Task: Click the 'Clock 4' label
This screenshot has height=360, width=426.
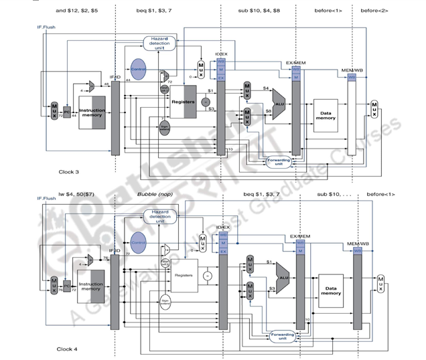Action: (x=68, y=349)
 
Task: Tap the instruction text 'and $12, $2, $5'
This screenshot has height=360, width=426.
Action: (x=76, y=11)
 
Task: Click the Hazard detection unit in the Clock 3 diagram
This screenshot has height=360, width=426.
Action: (x=159, y=44)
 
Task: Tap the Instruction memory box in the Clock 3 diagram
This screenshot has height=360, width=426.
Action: (x=92, y=114)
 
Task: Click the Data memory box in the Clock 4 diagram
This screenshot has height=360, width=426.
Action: (x=330, y=290)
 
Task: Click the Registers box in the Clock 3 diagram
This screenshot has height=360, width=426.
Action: (x=183, y=102)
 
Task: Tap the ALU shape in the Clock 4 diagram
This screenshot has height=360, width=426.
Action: (x=284, y=276)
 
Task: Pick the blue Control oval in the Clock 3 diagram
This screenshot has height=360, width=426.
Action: (x=139, y=70)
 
